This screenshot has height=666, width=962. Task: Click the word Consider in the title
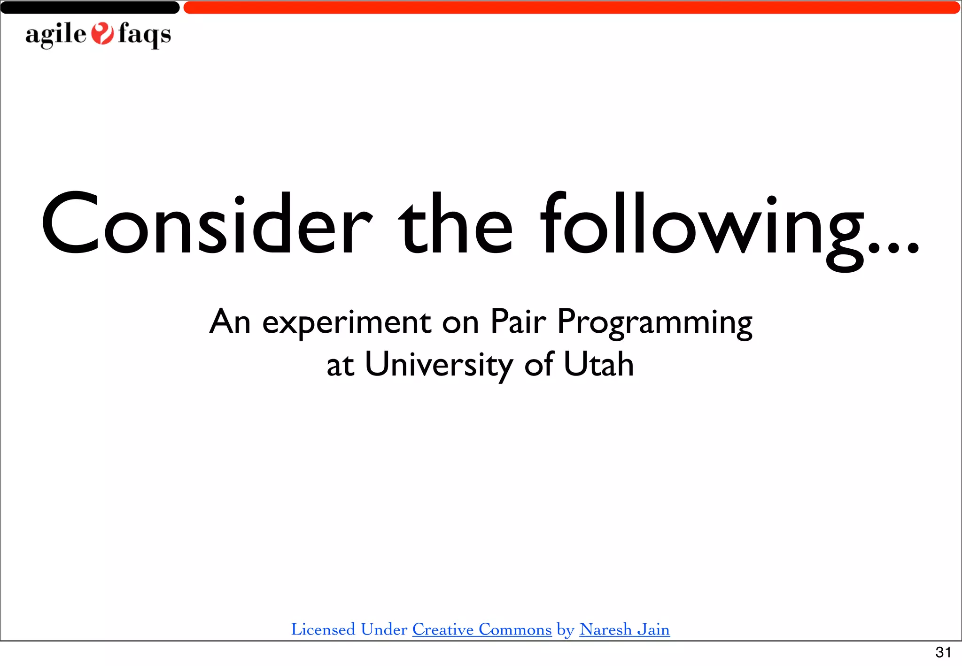tap(207, 224)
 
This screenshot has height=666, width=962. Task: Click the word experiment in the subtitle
tap(347, 323)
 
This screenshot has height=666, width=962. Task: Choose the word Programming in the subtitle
tap(655, 323)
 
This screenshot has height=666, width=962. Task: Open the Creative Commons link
tap(482, 629)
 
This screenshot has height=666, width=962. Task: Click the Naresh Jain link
tap(624, 629)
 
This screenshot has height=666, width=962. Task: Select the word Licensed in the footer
tap(323, 629)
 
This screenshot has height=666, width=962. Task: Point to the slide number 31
tap(943, 652)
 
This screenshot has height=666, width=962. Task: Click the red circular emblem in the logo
tap(102, 34)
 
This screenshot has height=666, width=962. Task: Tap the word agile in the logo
tap(56, 35)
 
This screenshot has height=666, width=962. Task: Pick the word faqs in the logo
tap(144, 35)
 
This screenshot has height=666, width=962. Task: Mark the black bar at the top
tap(89, 8)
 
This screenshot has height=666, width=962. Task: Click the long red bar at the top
tap(571, 8)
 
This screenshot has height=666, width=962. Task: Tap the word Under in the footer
tap(384, 629)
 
